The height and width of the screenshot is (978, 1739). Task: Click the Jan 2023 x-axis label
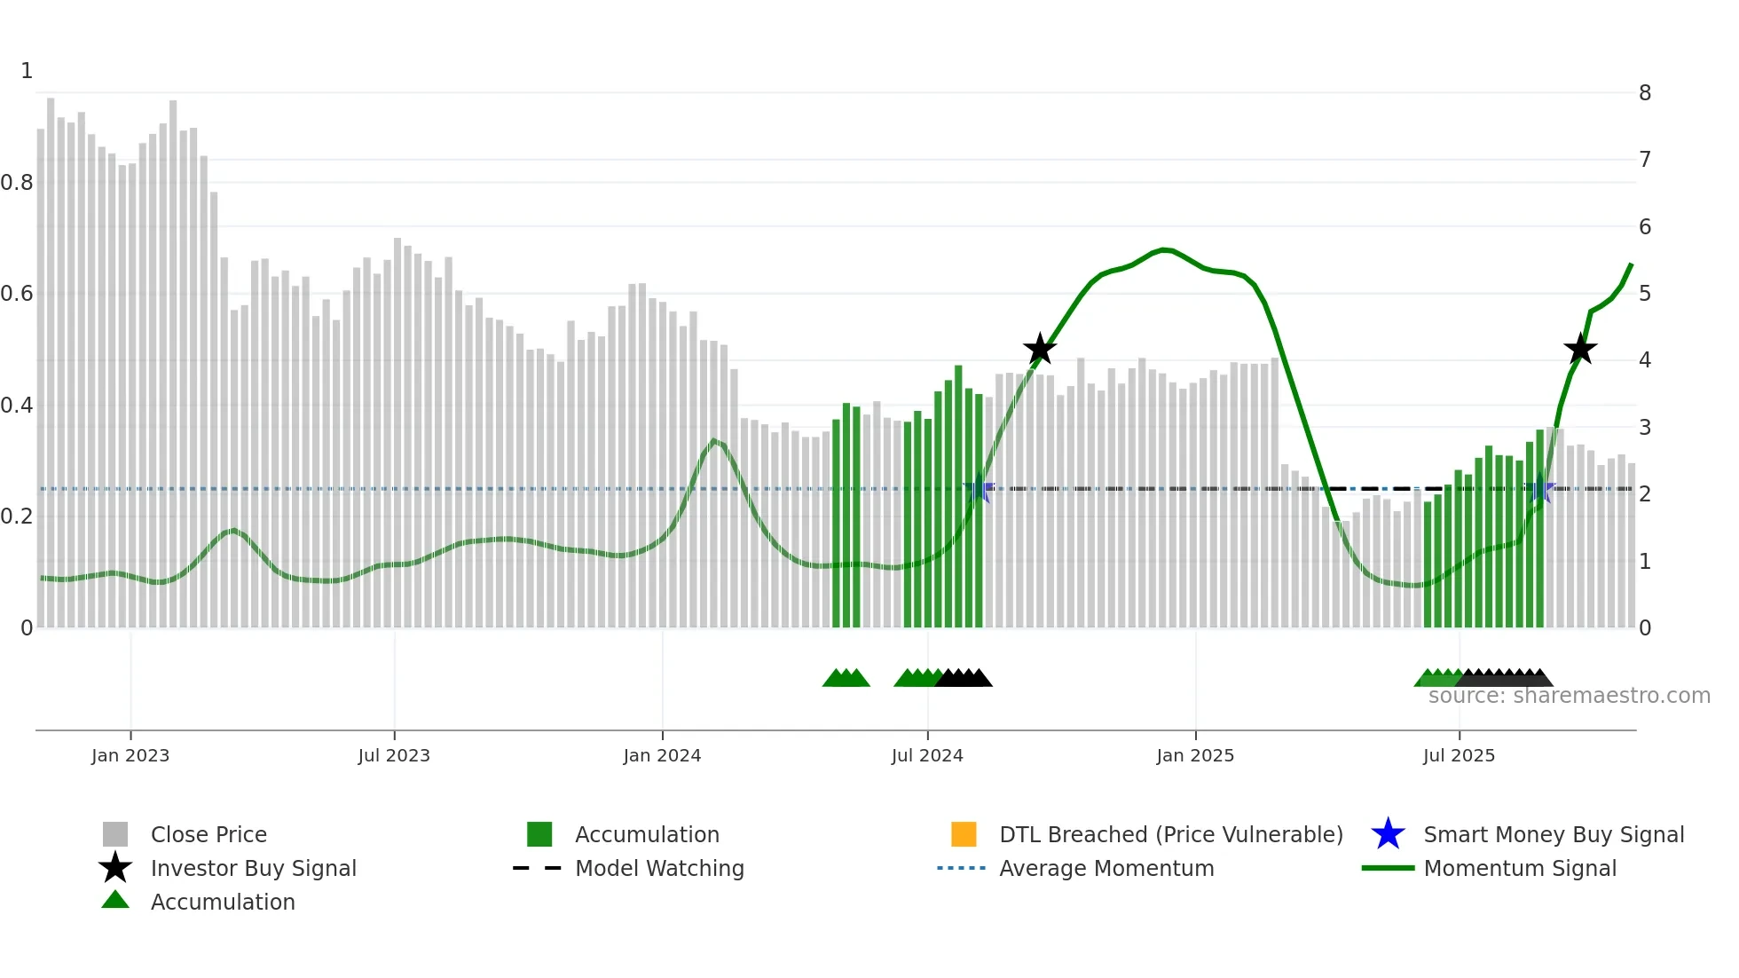coord(130,755)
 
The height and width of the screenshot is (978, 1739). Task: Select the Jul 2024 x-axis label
coord(927,755)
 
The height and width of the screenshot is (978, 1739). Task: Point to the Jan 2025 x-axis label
coord(1195,755)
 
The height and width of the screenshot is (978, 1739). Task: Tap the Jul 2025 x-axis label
coord(1459,755)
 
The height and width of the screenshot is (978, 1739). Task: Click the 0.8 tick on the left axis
coord(17,183)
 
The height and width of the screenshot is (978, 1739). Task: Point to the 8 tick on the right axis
coord(1645,92)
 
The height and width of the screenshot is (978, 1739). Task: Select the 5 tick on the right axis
coord(1645,293)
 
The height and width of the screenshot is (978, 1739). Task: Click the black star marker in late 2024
coord(1040,349)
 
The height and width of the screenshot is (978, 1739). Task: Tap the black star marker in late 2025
coord(1580,349)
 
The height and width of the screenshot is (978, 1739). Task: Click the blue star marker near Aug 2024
coord(980,488)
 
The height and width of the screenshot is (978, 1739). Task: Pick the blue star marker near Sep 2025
coord(1540,488)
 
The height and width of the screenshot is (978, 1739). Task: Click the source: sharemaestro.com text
coord(1569,696)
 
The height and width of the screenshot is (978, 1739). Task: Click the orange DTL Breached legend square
coord(964,834)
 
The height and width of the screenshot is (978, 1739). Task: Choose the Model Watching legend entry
coord(659,868)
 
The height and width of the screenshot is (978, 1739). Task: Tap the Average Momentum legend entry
coord(1106,868)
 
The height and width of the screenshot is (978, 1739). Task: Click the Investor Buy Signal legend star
coord(115,868)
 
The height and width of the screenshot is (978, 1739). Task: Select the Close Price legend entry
coord(209,834)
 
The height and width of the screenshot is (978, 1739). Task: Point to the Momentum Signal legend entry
coord(1519,868)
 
